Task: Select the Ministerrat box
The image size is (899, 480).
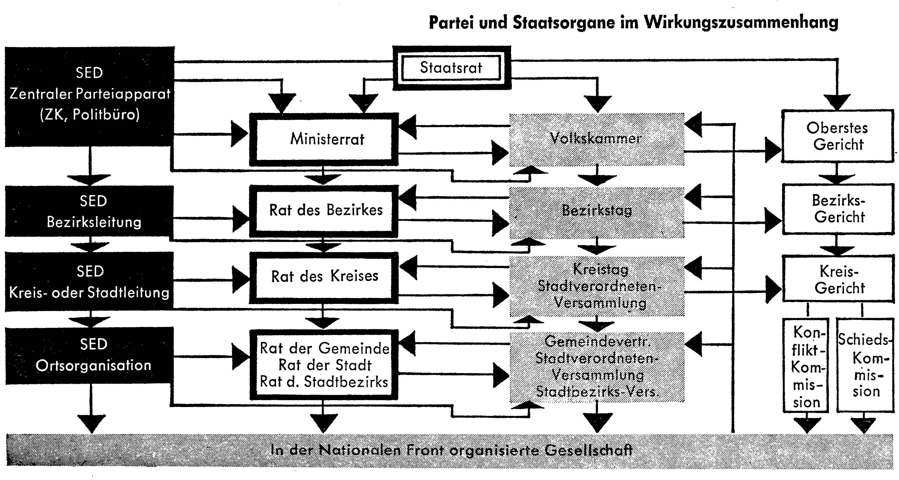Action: click(324, 139)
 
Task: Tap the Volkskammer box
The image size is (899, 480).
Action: click(597, 139)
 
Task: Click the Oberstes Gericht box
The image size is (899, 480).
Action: click(837, 136)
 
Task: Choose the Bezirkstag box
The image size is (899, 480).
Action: click(597, 212)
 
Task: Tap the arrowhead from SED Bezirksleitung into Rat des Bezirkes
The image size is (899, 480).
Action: click(241, 219)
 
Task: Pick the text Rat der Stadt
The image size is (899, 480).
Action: click(325, 365)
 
